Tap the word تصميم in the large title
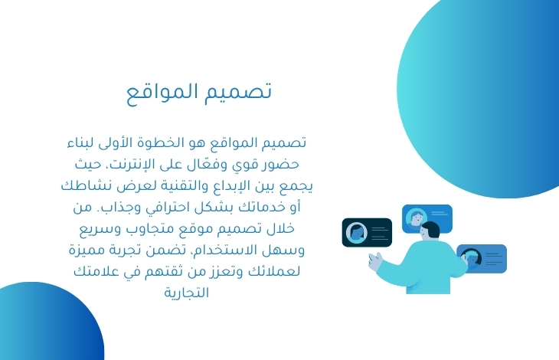[238, 91]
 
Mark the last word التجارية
[186, 293]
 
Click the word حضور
[283, 165]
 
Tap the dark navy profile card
[367, 232]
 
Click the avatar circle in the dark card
[357, 232]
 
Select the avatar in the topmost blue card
[417, 217]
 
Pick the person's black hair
[431, 228]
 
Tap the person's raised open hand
[375, 261]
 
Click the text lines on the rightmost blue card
[494, 259]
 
